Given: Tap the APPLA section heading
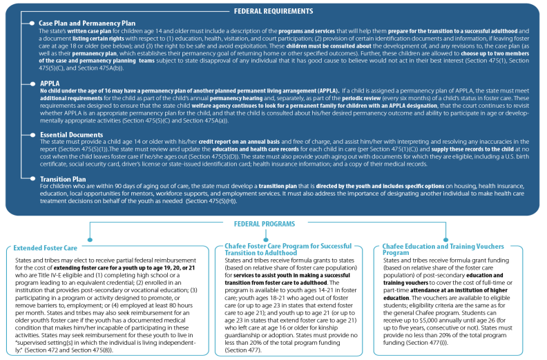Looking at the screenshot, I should click(49, 83).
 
